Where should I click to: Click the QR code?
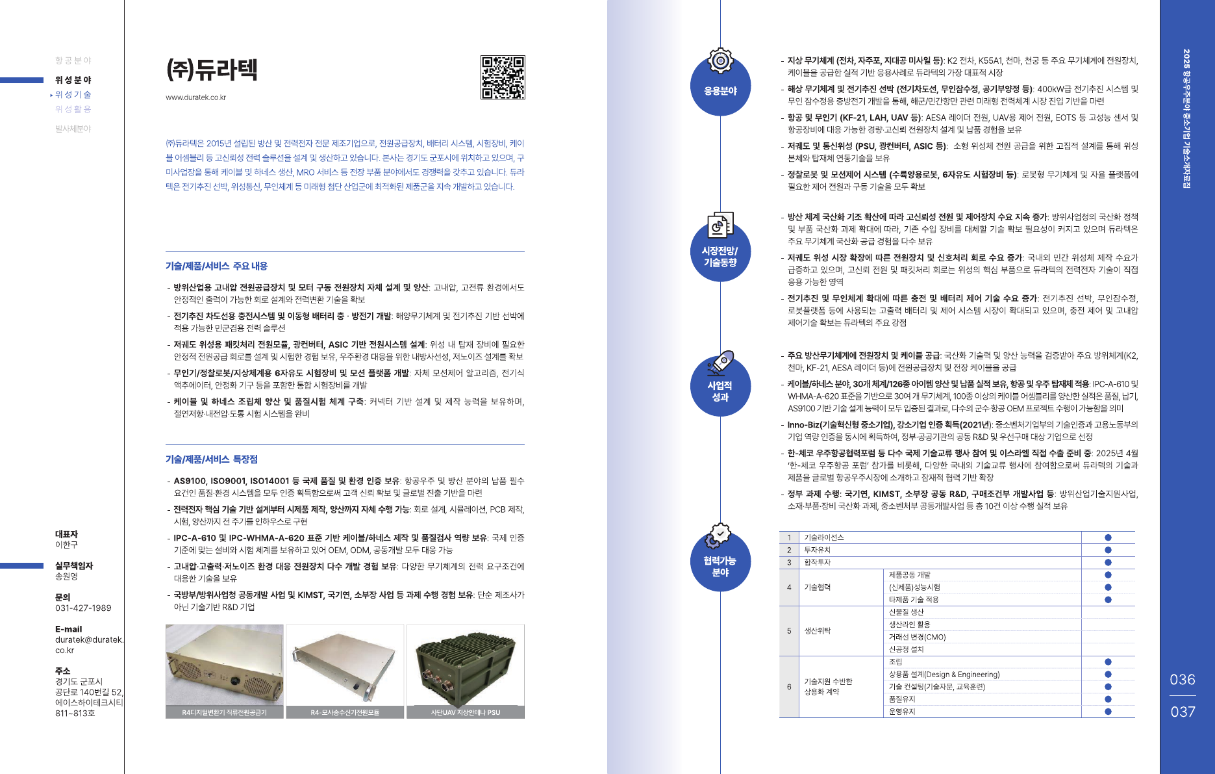[503, 77]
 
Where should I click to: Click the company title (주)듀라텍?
[212, 70]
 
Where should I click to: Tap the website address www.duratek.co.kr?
[195, 97]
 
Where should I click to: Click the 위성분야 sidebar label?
[73, 80]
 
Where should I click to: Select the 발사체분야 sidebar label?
[73, 129]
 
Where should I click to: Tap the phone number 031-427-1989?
[83, 608]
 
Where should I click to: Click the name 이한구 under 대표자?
[66, 545]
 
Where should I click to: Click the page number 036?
[1183, 680]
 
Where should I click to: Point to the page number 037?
[1183, 712]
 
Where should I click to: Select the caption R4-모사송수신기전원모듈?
[345, 713]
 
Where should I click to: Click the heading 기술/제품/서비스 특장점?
[212, 459]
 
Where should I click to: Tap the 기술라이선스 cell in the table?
[824, 537]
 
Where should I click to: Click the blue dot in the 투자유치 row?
[1108, 550]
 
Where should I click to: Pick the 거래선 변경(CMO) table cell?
[917, 637]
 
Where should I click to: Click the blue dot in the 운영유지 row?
[1108, 712]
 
